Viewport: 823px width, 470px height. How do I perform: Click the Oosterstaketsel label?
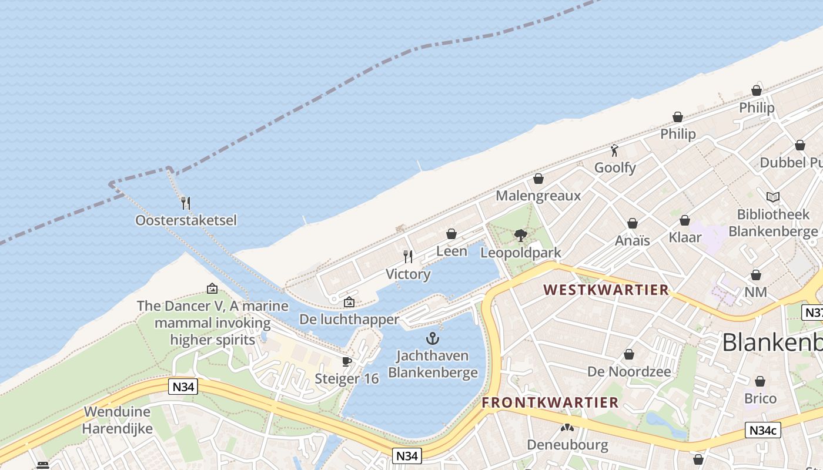click(x=186, y=220)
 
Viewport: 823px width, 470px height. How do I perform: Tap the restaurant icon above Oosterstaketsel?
click(x=186, y=203)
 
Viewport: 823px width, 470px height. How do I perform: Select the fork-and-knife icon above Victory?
click(x=408, y=257)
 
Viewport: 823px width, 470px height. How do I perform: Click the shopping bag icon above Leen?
click(x=451, y=234)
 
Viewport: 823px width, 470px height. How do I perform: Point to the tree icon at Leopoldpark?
click(x=520, y=236)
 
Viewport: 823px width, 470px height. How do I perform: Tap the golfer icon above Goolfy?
click(x=615, y=150)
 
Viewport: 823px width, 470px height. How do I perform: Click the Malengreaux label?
click(x=538, y=196)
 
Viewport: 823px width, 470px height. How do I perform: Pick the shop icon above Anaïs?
click(x=633, y=223)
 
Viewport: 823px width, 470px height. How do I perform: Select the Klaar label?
click(x=685, y=237)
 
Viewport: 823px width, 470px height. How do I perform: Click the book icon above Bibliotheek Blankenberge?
click(x=772, y=197)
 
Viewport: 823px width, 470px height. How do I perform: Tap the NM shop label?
click(x=755, y=292)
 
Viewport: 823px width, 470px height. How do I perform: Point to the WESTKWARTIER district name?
click(x=606, y=290)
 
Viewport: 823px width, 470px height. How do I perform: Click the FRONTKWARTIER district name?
click(x=550, y=402)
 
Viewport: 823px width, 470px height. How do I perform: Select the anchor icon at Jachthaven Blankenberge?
click(x=433, y=338)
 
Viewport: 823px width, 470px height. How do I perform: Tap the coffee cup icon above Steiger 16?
click(x=347, y=361)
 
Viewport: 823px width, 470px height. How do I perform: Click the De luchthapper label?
click(x=349, y=320)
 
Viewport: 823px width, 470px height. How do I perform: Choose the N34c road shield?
click(x=763, y=430)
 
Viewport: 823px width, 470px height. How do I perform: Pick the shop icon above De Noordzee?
click(x=629, y=354)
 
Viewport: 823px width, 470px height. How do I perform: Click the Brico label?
click(x=760, y=398)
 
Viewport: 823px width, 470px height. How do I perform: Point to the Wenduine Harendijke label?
click(x=117, y=420)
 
